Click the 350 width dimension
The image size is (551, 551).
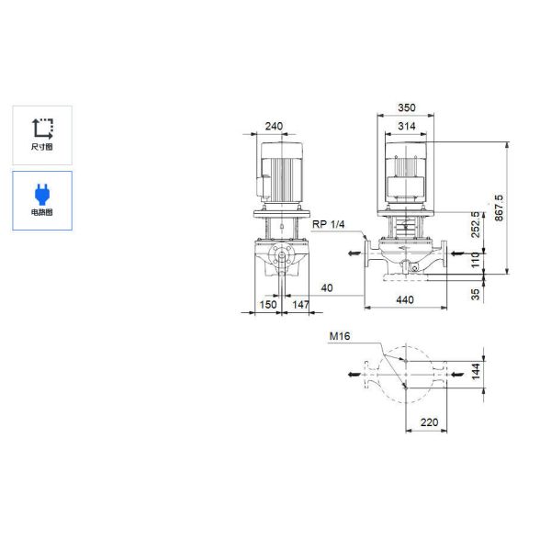(406, 107)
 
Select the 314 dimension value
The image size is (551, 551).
(406, 126)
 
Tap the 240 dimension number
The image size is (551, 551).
(274, 126)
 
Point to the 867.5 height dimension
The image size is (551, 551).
(499, 208)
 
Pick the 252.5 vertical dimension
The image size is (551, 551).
(475, 225)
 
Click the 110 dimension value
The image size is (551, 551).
(475, 260)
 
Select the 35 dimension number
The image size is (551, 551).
(475, 294)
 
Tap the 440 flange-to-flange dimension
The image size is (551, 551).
(405, 299)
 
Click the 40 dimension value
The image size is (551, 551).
(327, 287)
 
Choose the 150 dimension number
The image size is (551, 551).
(268, 304)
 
